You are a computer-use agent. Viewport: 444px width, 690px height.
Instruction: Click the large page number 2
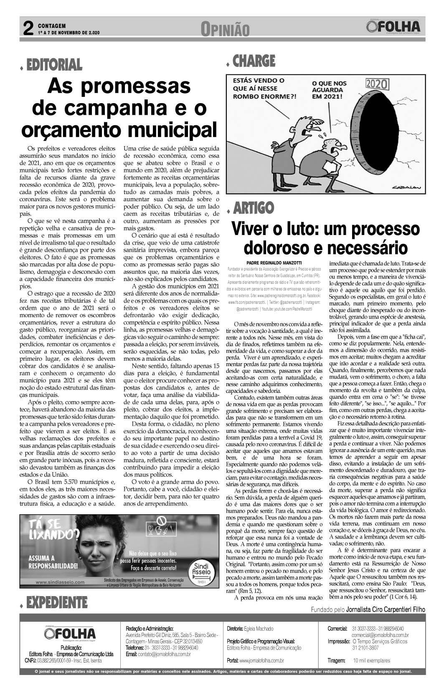[28, 29]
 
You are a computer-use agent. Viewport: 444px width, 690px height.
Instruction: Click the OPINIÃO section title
[225, 30]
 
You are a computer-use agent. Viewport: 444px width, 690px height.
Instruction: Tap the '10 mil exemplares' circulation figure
[371, 660]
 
